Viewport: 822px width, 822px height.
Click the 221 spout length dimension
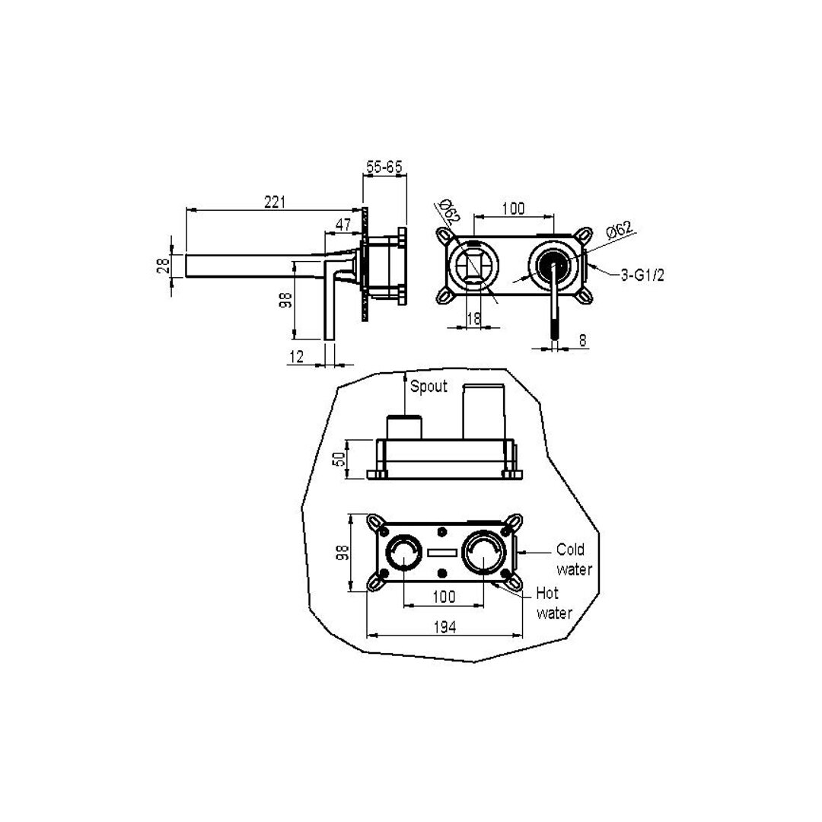275,202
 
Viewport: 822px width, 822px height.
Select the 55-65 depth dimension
384,167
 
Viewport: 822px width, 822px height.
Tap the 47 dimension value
342,225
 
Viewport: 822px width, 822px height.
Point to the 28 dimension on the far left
164,265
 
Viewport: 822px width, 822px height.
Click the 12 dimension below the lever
296,356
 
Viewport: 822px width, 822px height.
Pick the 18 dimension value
473,318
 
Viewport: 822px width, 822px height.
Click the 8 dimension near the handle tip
582,340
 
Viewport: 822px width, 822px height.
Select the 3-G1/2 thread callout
642,275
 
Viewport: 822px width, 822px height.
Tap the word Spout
429,387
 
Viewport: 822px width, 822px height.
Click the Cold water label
575,559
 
